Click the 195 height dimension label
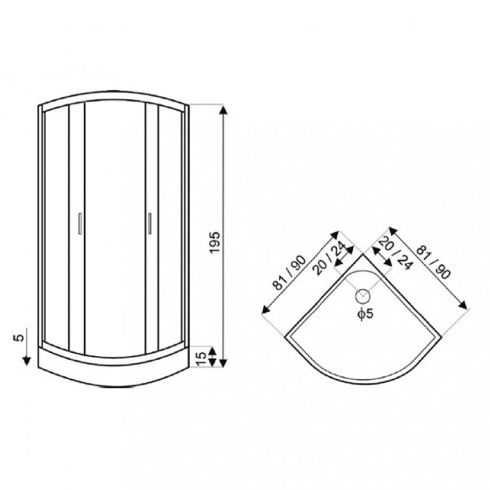click(x=215, y=243)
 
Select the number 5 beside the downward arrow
click(x=20, y=338)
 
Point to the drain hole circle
click(x=363, y=296)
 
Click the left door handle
click(x=80, y=223)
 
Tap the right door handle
click(x=150, y=223)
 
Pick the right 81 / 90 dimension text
click(x=434, y=262)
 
